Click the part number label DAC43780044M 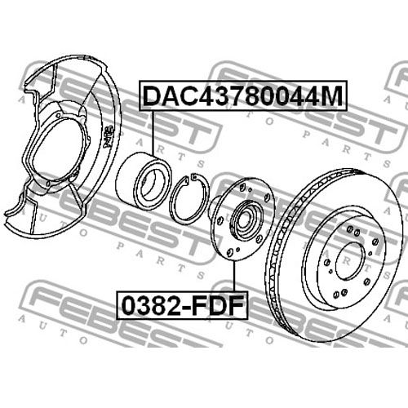243,95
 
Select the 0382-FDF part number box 182,305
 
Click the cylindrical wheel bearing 144,181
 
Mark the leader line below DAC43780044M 153,133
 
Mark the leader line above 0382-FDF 234,276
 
